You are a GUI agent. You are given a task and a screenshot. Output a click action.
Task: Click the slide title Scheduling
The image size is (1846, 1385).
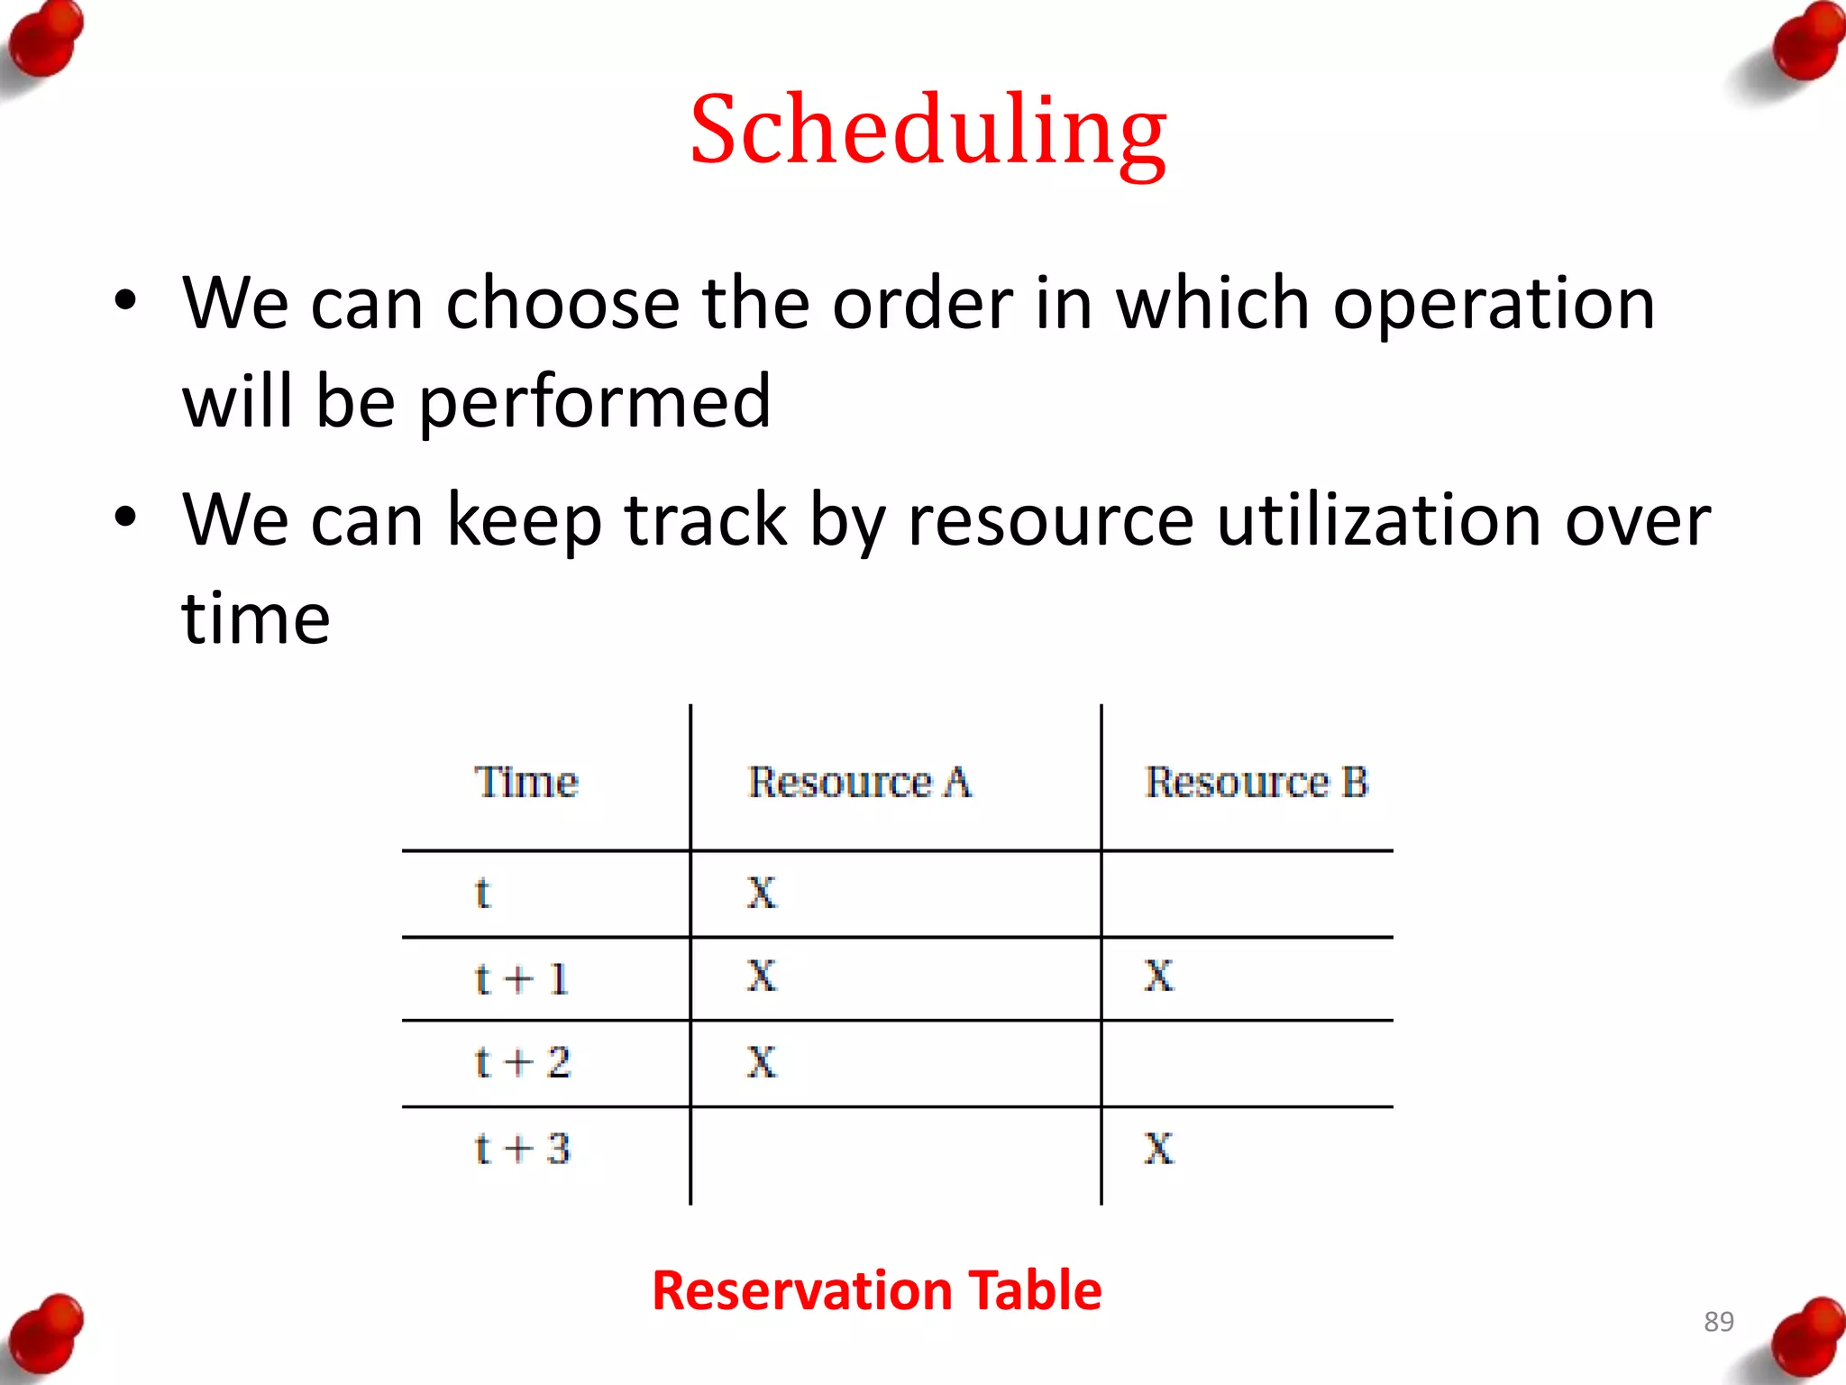click(928, 131)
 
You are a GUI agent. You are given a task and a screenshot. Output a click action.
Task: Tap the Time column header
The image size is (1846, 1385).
click(526, 782)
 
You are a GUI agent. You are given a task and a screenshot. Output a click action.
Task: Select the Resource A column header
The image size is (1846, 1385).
click(860, 782)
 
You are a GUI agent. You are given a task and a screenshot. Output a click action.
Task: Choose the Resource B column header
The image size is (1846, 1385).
click(1257, 782)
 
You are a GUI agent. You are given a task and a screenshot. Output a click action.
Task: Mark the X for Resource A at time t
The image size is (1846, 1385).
click(762, 893)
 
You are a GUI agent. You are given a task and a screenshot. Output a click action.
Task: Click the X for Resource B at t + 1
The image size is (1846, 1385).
click(1159, 976)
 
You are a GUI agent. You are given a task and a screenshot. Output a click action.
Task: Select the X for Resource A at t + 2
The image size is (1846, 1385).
click(762, 1062)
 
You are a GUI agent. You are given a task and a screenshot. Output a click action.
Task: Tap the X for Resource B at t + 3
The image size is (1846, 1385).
click(1159, 1149)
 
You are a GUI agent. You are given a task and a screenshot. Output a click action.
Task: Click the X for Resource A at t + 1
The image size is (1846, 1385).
click(762, 976)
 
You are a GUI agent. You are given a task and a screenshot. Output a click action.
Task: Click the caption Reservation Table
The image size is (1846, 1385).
click(876, 1289)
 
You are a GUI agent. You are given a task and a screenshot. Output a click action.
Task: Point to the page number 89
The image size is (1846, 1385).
click(1718, 1322)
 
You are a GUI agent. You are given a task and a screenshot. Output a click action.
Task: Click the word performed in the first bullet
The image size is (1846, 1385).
click(595, 402)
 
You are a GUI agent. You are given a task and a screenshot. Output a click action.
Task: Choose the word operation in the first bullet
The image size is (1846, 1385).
click(1494, 304)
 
